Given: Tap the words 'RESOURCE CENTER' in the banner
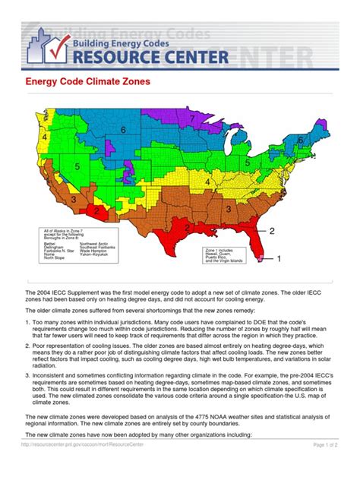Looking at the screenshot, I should point(160,57).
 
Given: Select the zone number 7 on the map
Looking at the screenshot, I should point(193,119).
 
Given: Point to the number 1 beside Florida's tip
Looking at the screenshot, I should point(278,259).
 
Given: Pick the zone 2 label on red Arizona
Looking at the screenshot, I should point(95,210).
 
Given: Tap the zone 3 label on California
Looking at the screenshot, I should point(73,199).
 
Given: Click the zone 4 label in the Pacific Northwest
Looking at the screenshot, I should point(45,137).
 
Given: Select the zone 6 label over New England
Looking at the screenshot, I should point(301,141).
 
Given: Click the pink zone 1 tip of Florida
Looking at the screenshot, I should point(262,258).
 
